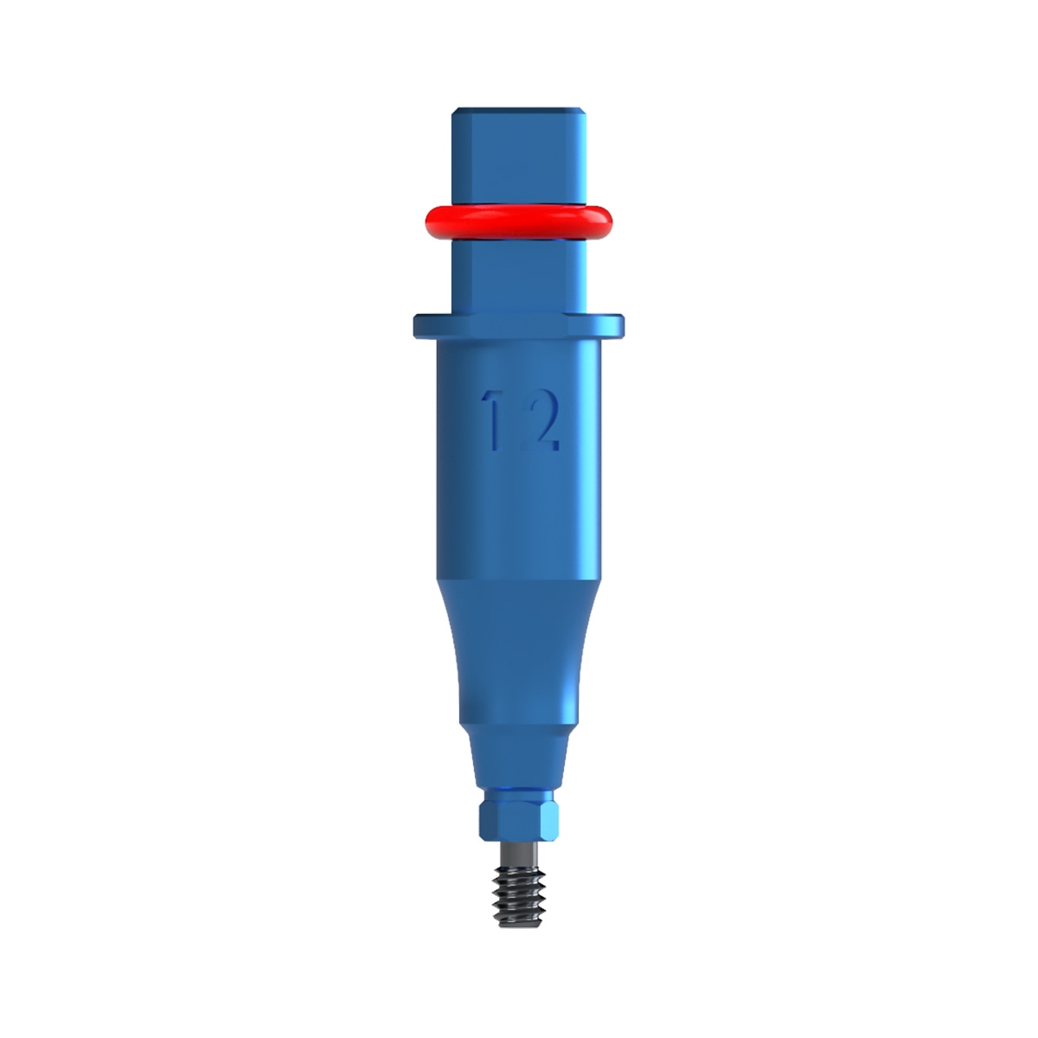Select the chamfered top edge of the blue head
tap(519, 111)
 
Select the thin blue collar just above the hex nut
tap(519, 791)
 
